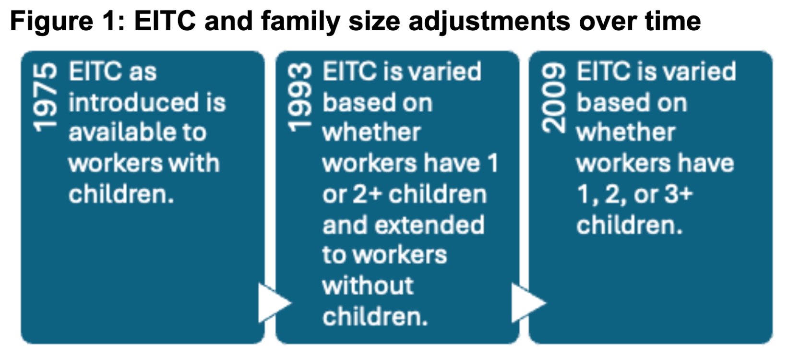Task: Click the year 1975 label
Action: [45, 97]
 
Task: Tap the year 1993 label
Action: [299, 97]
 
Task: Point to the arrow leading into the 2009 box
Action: [528, 303]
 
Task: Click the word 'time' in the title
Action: [673, 21]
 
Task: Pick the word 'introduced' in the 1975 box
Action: [134, 102]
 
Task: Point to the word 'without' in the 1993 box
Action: [368, 286]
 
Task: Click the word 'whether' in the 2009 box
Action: [626, 132]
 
